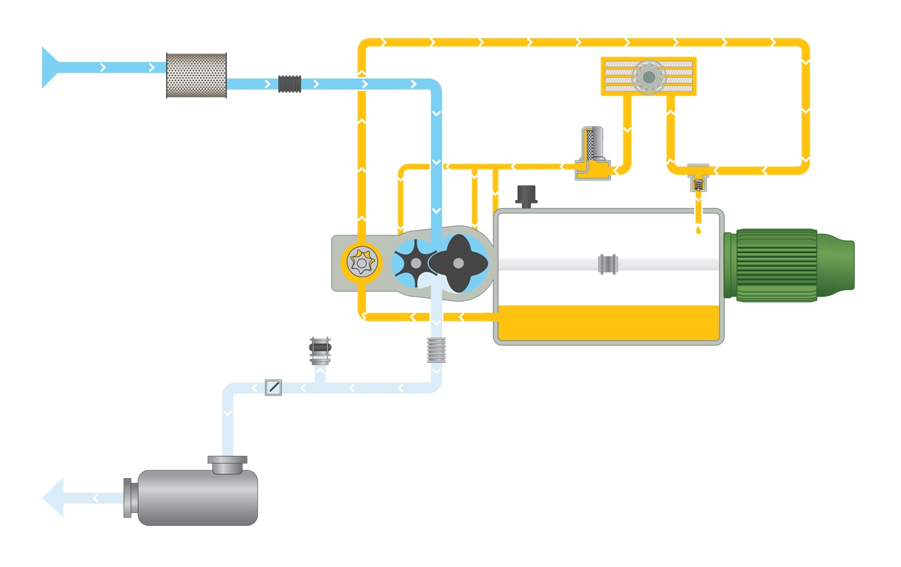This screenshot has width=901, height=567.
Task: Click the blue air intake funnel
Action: coord(49,67)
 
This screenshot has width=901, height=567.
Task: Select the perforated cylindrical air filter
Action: coord(196,75)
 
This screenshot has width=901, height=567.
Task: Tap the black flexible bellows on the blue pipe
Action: coord(289,84)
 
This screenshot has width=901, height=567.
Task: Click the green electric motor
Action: coord(787,265)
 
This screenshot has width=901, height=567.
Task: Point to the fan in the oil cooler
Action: coord(649,77)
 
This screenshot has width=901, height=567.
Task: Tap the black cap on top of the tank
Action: coord(526,195)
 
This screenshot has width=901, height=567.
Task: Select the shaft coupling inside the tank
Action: coord(607,264)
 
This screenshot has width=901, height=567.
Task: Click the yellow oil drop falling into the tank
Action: coord(698,230)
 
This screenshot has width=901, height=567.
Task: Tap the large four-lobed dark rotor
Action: coord(459,263)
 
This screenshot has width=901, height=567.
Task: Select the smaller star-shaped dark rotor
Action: coord(415,263)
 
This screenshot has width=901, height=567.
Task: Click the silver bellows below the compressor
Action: coord(437,349)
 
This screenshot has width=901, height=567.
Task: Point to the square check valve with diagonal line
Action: coord(274,387)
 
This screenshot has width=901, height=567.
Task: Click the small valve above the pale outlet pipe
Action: coord(320,351)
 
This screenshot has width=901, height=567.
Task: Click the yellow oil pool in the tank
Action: coord(608,322)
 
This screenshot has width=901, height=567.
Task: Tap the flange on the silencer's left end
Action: coord(128,498)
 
